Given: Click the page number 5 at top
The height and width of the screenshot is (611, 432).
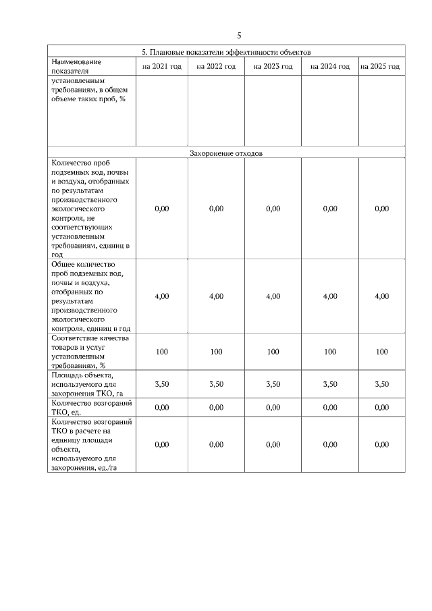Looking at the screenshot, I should (x=239, y=36).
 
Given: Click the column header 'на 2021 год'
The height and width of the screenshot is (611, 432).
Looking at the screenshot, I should (x=162, y=66).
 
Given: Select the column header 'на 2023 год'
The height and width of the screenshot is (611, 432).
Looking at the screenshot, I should (x=273, y=66).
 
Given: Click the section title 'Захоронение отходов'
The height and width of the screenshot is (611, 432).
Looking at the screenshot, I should (x=225, y=153).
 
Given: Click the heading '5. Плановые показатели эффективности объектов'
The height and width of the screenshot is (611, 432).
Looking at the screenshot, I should (x=225, y=51).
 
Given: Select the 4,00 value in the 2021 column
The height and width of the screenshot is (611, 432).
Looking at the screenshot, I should (x=162, y=296).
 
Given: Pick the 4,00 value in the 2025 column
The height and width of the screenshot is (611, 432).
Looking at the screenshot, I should (x=381, y=296).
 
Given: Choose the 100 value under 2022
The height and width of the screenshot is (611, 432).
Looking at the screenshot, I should (x=216, y=352).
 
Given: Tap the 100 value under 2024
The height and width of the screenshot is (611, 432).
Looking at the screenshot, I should (x=330, y=352).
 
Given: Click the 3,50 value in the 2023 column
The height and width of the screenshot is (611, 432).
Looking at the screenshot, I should (x=273, y=384).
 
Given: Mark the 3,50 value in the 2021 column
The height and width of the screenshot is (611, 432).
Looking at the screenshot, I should (x=162, y=384).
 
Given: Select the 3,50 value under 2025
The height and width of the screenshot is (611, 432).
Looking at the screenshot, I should (x=381, y=384).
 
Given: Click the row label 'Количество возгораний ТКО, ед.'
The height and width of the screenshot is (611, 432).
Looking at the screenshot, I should (x=91, y=407).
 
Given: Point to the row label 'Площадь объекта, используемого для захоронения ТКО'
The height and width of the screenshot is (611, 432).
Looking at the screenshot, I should (x=91, y=384).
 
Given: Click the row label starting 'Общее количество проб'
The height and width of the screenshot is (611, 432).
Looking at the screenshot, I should (x=91, y=296).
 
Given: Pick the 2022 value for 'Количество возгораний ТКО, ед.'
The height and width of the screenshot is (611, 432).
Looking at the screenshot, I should (x=216, y=407).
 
